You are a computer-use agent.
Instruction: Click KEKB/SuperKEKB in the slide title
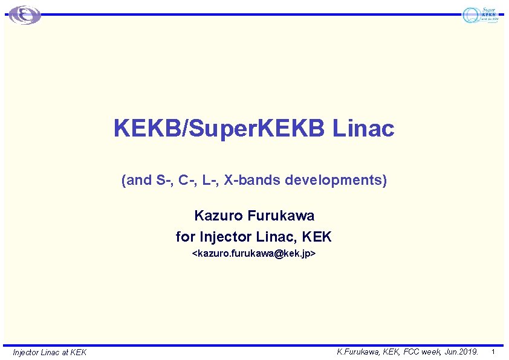[220, 128]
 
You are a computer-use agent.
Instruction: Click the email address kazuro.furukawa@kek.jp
[254, 254]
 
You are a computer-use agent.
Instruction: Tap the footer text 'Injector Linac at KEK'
[50, 352]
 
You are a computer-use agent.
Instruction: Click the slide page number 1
[494, 352]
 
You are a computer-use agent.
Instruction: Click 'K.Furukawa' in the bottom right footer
[357, 352]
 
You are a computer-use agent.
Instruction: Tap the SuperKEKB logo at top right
[481, 15]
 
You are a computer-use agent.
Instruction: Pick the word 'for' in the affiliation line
[184, 236]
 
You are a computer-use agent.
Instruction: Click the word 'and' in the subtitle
[137, 180]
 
